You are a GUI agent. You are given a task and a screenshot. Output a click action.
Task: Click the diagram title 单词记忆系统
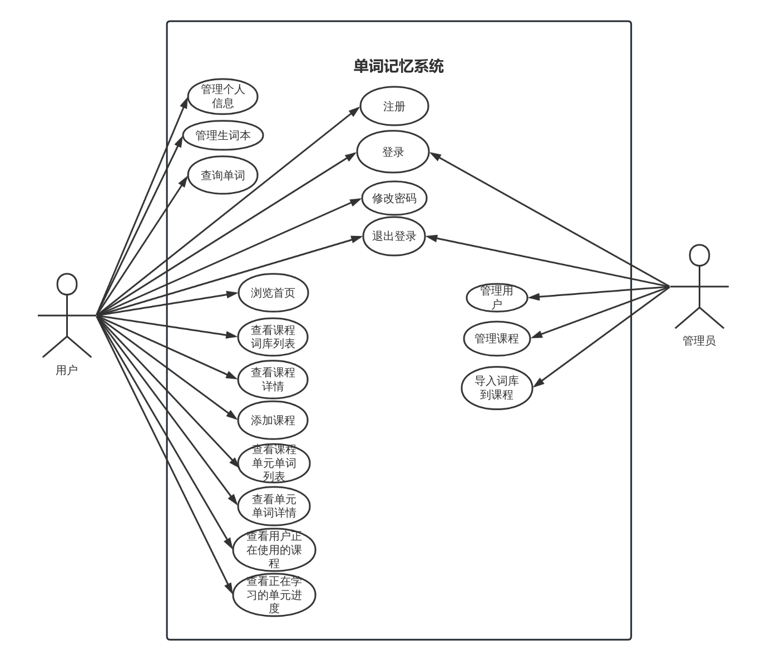398,66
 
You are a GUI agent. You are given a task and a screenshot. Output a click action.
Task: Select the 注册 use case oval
394,106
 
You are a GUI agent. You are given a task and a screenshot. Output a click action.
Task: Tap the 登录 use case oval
393,152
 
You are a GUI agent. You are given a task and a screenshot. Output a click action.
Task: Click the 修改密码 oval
394,198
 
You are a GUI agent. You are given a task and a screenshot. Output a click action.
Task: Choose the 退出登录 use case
394,237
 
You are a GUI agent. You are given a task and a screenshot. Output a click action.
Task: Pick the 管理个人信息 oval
223,96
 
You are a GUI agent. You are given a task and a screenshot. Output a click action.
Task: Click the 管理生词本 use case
223,135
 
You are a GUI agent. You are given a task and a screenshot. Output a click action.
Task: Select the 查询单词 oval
223,175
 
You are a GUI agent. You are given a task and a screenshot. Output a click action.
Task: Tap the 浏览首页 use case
273,293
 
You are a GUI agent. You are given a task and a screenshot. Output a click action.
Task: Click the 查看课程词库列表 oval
273,337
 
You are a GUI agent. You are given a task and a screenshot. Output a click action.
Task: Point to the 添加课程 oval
273,420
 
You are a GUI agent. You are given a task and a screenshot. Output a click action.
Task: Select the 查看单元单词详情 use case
274,506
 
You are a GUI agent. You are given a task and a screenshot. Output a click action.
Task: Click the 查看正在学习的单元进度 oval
274,595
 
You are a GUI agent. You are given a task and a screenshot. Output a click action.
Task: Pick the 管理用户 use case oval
496,297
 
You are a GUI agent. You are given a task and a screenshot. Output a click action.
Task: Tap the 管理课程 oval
496,338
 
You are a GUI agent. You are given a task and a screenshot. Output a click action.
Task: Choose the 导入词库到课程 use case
496,388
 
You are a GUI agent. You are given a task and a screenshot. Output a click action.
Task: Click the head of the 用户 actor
67,284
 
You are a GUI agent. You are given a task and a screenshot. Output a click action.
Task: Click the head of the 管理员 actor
699,255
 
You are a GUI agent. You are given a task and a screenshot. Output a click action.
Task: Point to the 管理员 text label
699,341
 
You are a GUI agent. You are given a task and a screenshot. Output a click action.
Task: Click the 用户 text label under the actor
67,370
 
